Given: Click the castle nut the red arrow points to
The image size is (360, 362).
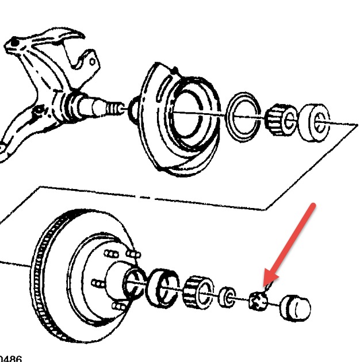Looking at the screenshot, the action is coord(258,300).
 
